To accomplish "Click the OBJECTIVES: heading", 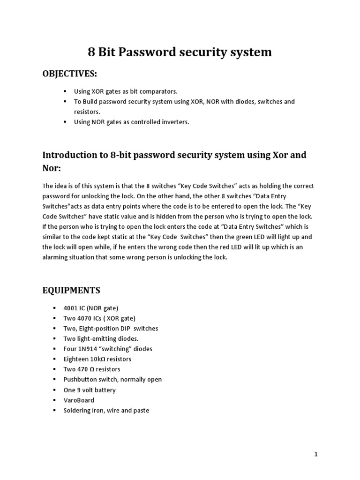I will coord(70,74).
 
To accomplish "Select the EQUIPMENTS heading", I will coord(71,290).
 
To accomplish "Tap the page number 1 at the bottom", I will coord(316,454).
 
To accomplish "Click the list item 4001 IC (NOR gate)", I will coord(91,308).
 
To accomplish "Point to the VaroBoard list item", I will coord(79,400).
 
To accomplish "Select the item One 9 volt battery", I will coord(90,390).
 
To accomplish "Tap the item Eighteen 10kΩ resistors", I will coord(97,359).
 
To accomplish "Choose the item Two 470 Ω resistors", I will coord(92,369).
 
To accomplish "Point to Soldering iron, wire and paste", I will coord(106,411).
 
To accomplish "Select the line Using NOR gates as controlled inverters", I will coord(132,122).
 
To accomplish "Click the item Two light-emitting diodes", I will coord(101,338).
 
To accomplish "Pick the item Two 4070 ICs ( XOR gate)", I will coord(99,318).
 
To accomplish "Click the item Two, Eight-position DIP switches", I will coord(111,328).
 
